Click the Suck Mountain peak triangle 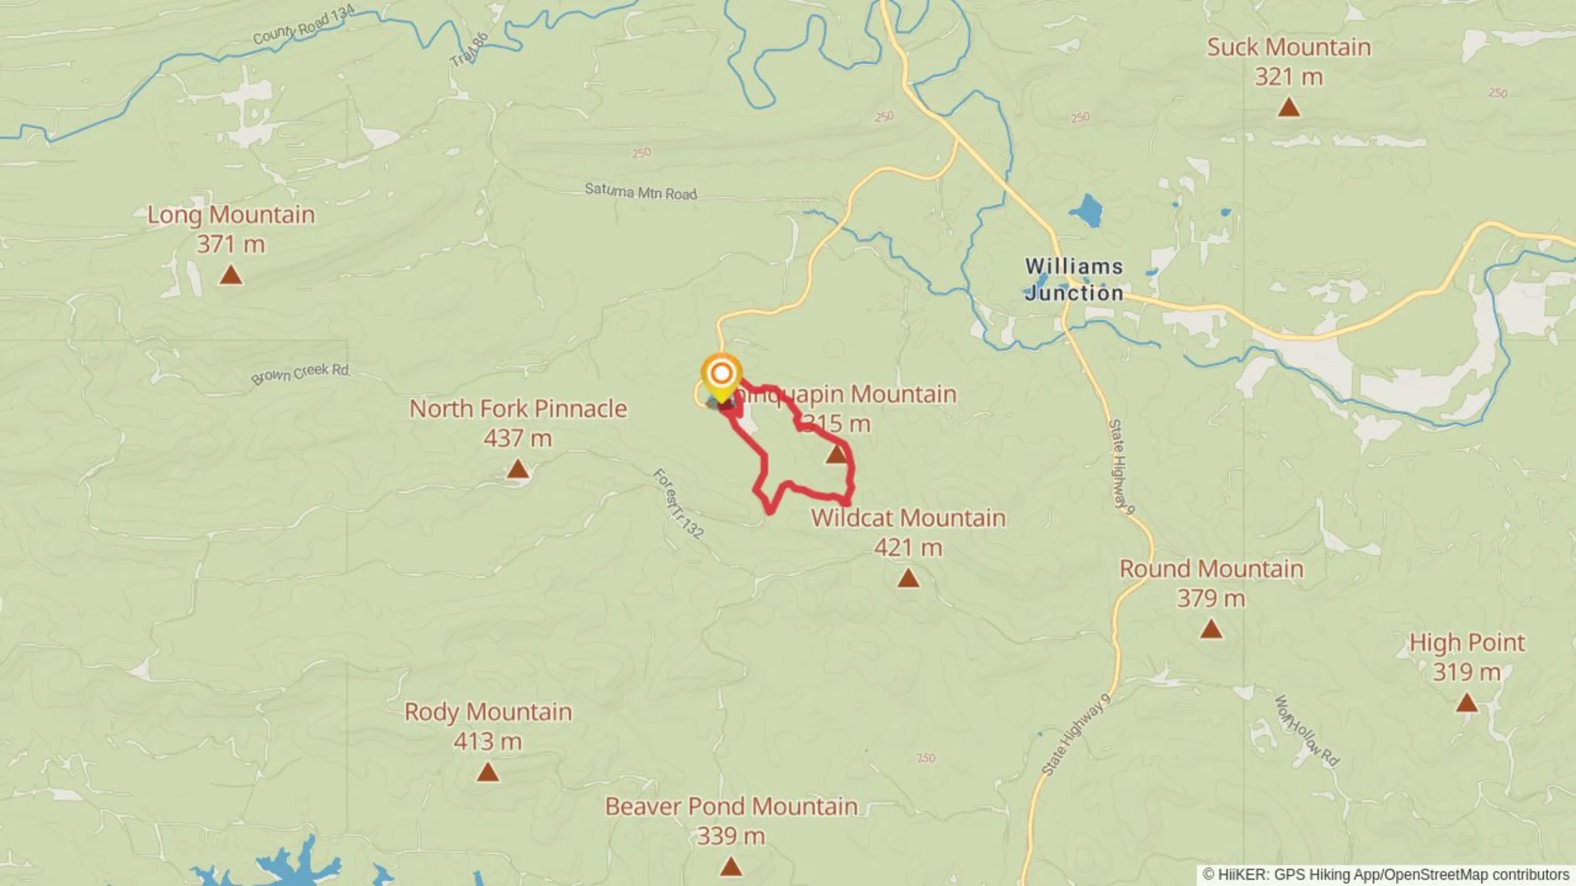(x=1289, y=107)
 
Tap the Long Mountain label (x=231, y=215)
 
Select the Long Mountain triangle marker (x=231, y=276)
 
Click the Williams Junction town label (x=1074, y=280)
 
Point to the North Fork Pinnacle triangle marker (x=517, y=469)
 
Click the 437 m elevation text (x=517, y=439)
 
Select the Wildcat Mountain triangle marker (x=908, y=579)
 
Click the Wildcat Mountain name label (x=908, y=518)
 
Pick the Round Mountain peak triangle (x=1211, y=630)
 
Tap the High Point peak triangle (x=1466, y=704)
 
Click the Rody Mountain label (x=488, y=712)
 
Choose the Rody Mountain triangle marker (x=488, y=773)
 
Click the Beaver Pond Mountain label (x=731, y=806)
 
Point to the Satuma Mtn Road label (x=640, y=192)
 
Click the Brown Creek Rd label (x=300, y=373)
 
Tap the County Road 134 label (x=304, y=25)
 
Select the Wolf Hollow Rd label (x=1306, y=731)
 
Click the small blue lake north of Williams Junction (x=1087, y=211)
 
